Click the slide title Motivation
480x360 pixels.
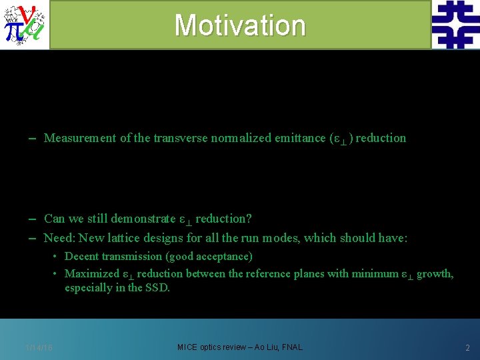tap(240, 25)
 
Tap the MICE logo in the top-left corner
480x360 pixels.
tap(25, 25)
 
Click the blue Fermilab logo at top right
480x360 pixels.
tap(455, 25)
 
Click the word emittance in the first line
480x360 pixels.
tap(299, 139)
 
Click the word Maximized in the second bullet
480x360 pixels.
tap(91, 273)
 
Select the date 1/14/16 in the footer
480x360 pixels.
tap(39, 348)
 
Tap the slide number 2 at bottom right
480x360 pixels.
tap(467, 348)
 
